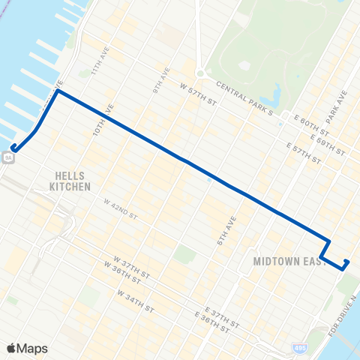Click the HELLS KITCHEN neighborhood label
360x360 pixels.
(70, 181)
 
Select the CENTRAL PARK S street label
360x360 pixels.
(244, 99)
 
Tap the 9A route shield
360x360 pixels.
(7, 156)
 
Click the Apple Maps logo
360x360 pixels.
(27, 349)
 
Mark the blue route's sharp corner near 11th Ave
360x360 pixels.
(57, 92)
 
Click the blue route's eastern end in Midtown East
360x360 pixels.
(346, 262)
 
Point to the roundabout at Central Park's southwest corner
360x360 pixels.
(200, 73)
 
